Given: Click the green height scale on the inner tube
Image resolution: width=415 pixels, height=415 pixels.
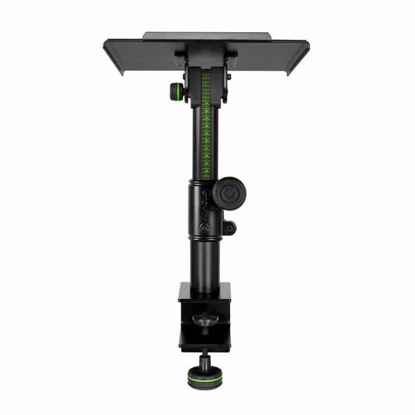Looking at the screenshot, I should [206, 125].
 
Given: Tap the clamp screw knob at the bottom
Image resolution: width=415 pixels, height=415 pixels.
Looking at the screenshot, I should [202, 376].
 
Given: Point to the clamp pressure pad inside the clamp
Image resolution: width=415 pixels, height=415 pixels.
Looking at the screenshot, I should [205, 322].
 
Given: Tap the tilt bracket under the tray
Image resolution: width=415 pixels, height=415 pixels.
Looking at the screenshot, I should [206, 68].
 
